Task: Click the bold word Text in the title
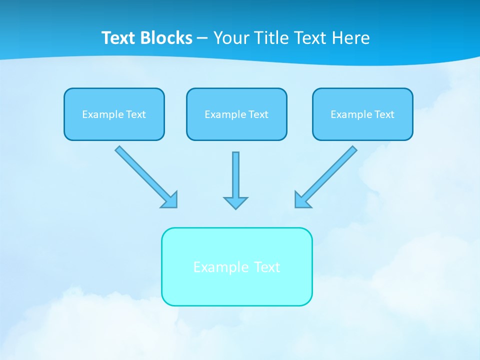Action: click(119, 38)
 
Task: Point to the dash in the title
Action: click(202, 38)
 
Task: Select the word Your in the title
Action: click(232, 38)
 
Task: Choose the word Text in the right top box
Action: click(384, 114)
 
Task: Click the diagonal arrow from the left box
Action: click(142, 173)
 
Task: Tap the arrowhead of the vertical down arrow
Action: click(235, 202)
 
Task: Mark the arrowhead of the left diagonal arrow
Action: click(170, 200)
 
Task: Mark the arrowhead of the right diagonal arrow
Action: click(301, 200)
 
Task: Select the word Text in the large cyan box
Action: click(267, 267)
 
